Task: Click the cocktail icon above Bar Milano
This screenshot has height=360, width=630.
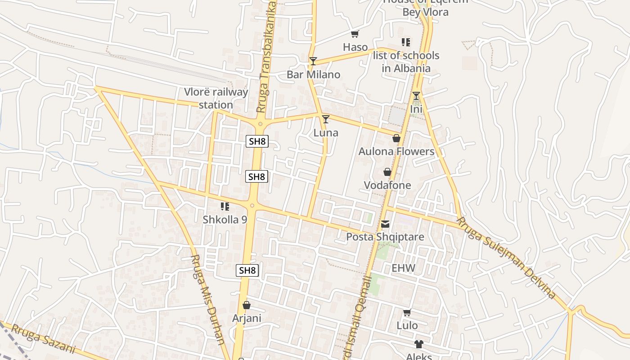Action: click(x=313, y=61)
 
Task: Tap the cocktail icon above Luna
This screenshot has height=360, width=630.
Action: click(x=326, y=119)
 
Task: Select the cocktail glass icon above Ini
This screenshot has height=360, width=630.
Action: click(x=416, y=96)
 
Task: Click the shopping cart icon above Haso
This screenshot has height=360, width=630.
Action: click(x=355, y=34)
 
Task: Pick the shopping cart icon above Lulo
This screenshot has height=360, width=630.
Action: click(x=407, y=312)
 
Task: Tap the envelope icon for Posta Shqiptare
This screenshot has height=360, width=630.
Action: click(x=385, y=224)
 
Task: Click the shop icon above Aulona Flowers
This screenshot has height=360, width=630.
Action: click(x=396, y=138)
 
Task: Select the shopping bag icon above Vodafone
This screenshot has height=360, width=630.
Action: click(x=387, y=172)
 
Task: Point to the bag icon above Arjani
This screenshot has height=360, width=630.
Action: click(x=247, y=305)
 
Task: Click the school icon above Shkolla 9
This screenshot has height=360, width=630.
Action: click(x=225, y=207)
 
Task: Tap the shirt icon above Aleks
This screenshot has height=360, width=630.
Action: click(x=419, y=344)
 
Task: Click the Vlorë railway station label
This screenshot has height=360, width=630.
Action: click(x=216, y=99)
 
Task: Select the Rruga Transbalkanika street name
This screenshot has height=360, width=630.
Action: click(x=266, y=56)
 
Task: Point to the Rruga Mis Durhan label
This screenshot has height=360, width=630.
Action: click(x=208, y=299)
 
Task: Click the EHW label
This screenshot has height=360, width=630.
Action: click(x=403, y=269)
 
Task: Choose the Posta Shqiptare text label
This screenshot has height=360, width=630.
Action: click(x=385, y=237)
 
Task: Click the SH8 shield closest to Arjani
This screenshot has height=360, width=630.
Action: click(x=247, y=270)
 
